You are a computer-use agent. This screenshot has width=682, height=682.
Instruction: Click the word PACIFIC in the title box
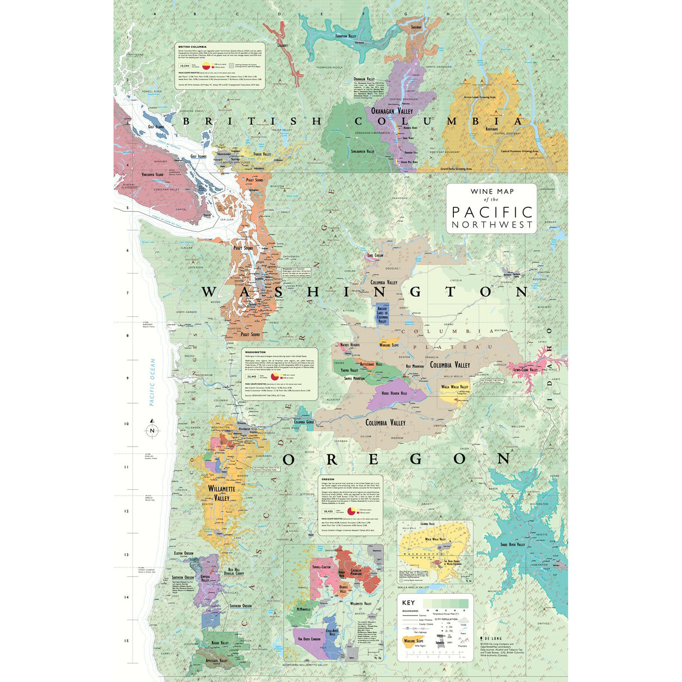point(492,212)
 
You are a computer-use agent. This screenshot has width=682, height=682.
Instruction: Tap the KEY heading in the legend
point(408,602)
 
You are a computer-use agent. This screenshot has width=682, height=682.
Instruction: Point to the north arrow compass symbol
point(152,430)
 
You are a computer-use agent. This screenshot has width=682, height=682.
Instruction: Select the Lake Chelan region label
point(375,256)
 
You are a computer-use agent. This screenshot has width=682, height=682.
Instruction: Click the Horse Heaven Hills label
point(402,393)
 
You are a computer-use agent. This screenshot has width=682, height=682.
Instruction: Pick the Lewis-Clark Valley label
point(525,370)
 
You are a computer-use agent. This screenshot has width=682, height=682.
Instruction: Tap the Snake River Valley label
point(512,544)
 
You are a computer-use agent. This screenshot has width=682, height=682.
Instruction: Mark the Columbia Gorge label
point(303,422)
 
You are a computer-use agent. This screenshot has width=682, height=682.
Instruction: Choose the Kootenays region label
point(492,129)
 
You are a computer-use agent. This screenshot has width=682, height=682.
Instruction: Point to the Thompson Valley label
point(345,36)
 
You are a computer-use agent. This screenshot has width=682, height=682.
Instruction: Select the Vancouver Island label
point(152,175)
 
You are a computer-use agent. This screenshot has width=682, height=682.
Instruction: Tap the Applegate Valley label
point(216,661)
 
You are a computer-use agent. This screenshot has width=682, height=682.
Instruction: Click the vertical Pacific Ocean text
point(152,382)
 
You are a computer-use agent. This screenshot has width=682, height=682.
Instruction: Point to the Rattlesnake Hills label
point(371,364)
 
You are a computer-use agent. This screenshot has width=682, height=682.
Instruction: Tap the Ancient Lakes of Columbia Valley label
point(382,315)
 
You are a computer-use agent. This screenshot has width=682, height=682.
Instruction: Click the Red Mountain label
point(415,366)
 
